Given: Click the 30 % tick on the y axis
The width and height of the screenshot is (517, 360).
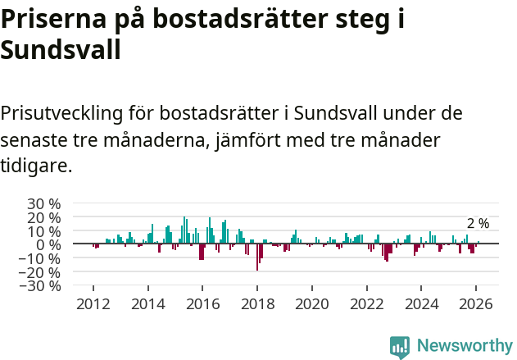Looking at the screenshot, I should (x=43, y=203).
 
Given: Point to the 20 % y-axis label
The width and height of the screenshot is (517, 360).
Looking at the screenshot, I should (x=43, y=217).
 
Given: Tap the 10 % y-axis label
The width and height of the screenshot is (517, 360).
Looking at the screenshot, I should (x=43, y=231).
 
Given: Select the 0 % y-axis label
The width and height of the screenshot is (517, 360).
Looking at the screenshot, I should (x=47, y=244).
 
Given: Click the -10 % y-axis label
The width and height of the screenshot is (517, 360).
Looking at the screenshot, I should (x=40, y=258).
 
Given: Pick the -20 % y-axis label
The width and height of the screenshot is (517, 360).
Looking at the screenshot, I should (x=40, y=272).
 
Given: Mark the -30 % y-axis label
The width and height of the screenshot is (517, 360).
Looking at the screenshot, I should (x=40, y=286).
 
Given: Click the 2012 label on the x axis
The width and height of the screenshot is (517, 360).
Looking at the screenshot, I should (x=93, y=303).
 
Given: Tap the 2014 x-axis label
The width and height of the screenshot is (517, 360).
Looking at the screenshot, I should (x=148, y=303).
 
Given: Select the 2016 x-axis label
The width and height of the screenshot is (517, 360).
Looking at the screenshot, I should (x=202, y=303).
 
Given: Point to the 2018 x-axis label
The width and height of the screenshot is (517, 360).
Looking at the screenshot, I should (x=257, y=303).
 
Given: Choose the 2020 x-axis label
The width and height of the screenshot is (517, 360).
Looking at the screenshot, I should (x=312, y=303).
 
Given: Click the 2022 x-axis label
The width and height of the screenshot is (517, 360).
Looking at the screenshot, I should (x=367, y=303).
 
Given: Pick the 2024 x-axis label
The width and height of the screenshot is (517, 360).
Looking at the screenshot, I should (x=422, y=303).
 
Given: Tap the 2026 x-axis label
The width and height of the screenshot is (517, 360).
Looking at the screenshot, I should (x=476, y=303).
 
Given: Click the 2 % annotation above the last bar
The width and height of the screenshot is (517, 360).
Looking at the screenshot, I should (x=478, y=224).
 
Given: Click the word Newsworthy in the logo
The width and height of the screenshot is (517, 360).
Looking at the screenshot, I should (x=464, y=346).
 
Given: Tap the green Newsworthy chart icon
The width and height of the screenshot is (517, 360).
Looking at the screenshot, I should (x=400, y=347).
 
